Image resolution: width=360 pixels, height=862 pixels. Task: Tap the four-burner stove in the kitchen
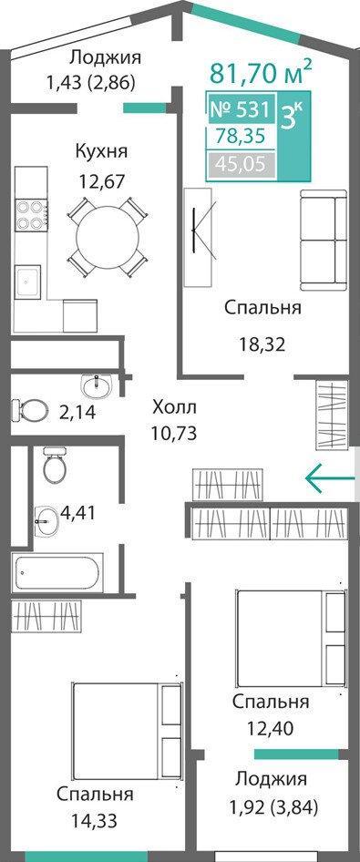click(x=30, y=215)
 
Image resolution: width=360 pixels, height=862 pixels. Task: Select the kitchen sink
click(x=27, y=282)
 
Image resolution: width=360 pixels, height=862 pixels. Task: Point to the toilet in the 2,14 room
click(x=31, y=409)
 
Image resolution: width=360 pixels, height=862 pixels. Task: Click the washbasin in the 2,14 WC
click(x=96, y=385)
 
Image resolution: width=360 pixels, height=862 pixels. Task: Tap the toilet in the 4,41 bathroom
click(x=55, y=465)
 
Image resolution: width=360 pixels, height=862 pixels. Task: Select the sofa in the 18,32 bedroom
click(x=324, y=241)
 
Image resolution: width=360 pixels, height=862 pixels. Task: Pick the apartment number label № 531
click(x=240, y=109)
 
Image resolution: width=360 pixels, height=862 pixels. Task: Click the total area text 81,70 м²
click(x=262, y=72)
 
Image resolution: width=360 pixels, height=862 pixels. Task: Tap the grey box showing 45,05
click(x=241, y=163)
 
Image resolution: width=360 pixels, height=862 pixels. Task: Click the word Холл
click(x=174, y=408)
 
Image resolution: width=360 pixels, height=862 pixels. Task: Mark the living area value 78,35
click(x=241, y=135)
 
